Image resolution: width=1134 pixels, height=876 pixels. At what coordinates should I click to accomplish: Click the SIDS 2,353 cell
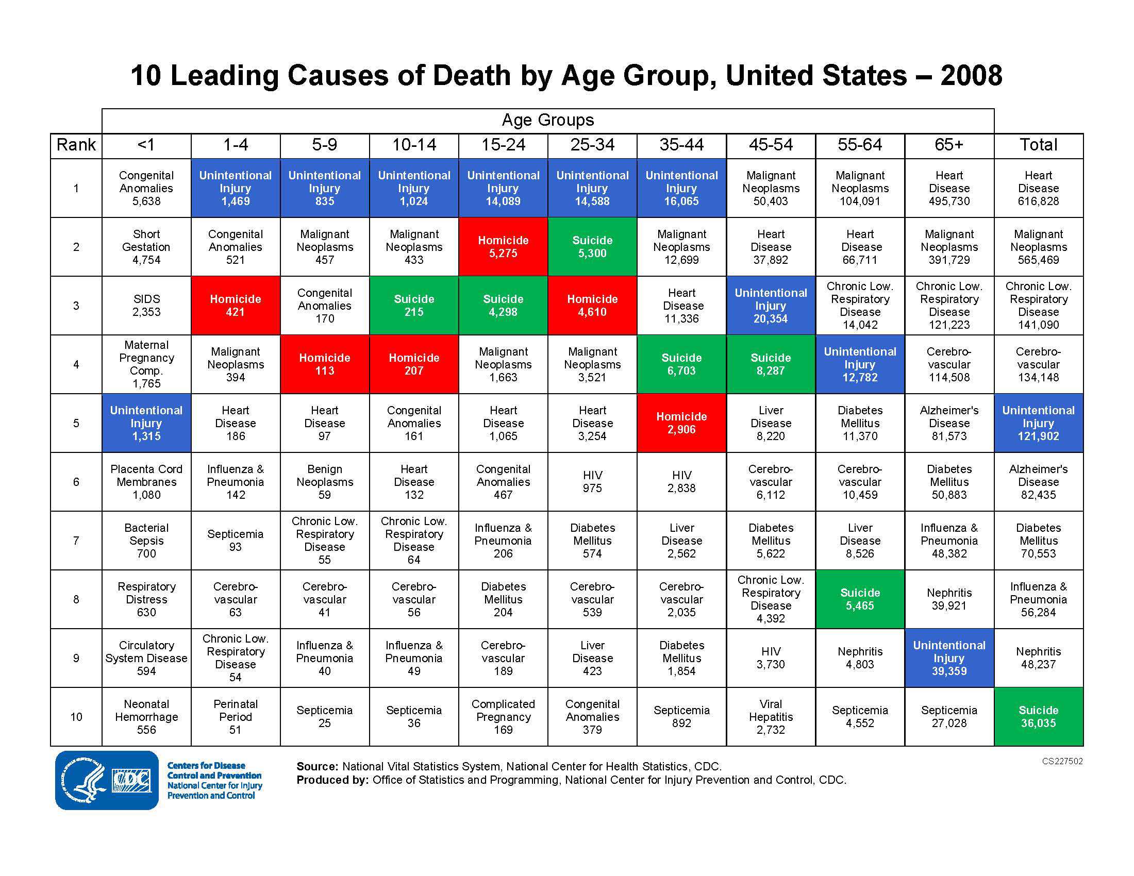(x=146, y=306)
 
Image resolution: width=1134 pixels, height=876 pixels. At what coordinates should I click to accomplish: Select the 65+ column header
(x=948, y=145)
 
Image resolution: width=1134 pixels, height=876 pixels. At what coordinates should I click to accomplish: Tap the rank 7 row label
(x=76, y=541)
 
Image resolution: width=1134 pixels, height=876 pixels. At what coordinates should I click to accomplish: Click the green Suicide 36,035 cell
(x=1038, y=717)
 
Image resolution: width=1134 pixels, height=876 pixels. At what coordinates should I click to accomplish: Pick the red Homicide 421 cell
(x=235, y=306)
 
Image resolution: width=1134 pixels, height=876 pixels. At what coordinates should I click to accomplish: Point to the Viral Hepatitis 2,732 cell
(x=771, y=717)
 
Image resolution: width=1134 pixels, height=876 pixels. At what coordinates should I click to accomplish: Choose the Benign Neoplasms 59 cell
(x=325, y=482)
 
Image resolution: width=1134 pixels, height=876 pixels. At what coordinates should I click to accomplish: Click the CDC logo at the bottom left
(x=107, y=780)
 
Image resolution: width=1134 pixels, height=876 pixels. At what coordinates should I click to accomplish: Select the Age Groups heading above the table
(x=547, y=121)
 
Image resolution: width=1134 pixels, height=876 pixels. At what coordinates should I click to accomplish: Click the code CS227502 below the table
(x=1062, y=761)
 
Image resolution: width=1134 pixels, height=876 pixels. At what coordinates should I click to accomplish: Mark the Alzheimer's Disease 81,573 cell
(x=948, y=423)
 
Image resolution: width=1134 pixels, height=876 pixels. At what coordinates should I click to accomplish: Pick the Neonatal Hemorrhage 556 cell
(x=146, y=717)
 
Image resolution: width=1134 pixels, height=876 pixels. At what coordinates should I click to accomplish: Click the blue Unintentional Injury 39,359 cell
(x=948, y=658)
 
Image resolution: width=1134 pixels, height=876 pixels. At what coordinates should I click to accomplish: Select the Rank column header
(x=76, y=145)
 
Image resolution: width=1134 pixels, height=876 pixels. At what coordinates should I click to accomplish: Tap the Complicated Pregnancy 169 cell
(x=503, y=717)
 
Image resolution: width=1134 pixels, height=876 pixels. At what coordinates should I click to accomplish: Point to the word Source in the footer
(x=316, y=767)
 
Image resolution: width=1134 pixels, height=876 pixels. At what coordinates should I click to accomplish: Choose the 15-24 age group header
(x=503, y=145)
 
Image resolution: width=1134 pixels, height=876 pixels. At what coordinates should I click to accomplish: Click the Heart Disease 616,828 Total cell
(x=1038, y=188)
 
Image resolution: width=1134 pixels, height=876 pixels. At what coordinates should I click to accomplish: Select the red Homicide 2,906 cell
(x=681, y=423)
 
